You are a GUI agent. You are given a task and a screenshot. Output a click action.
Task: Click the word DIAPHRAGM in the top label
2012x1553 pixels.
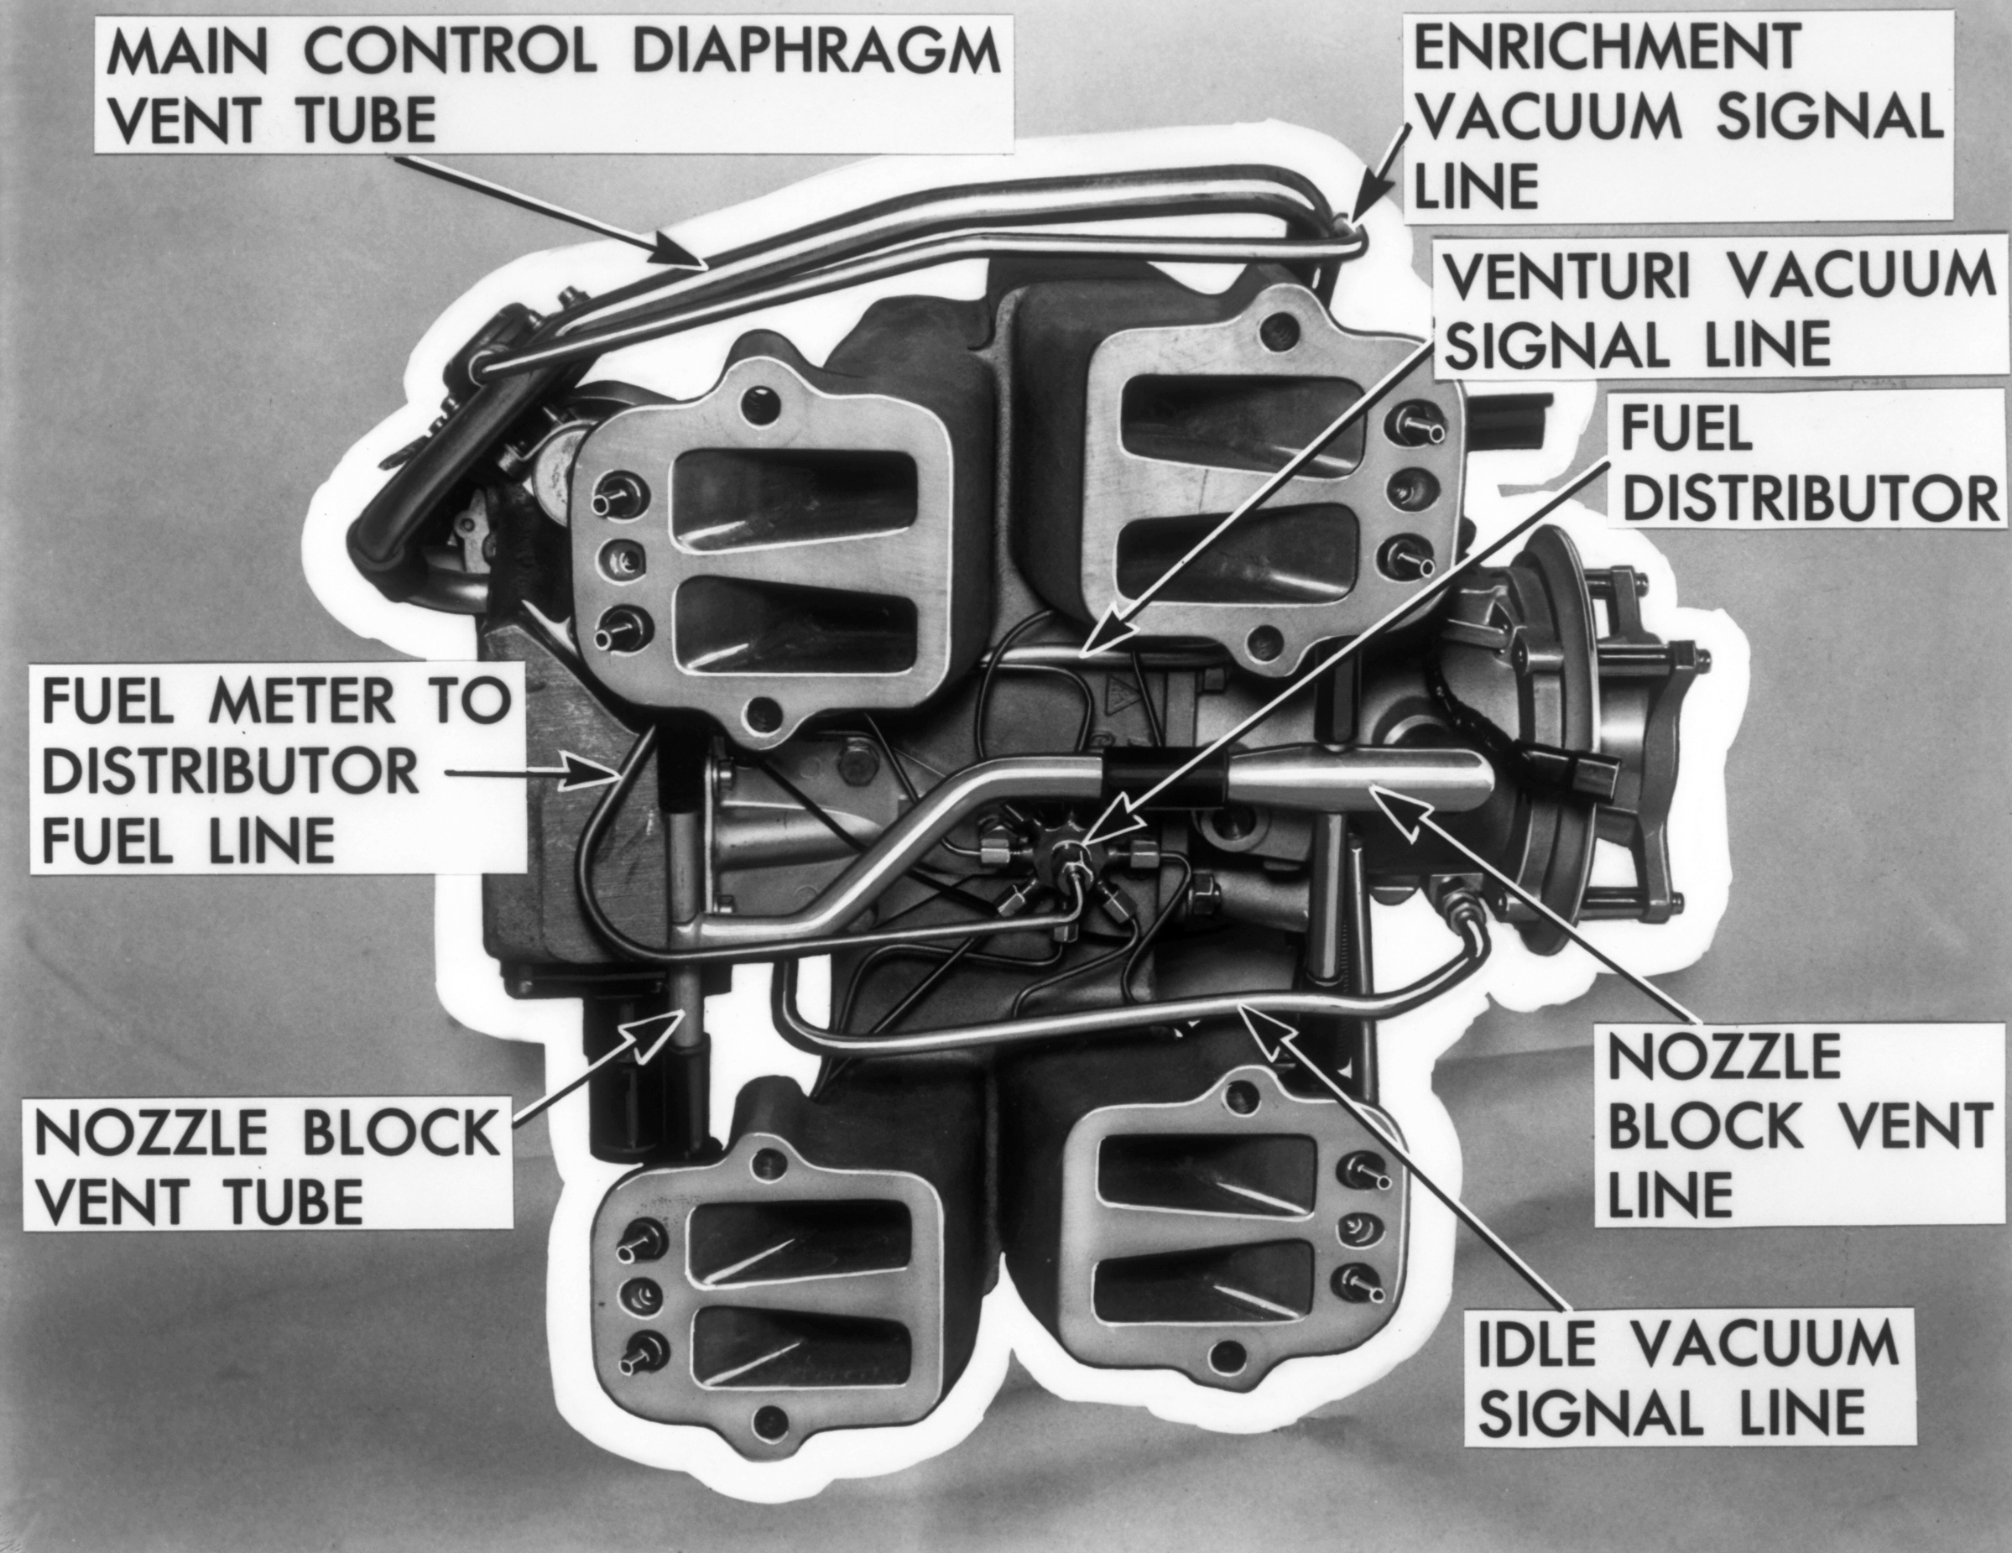pyautogui.click(x=816, y=53)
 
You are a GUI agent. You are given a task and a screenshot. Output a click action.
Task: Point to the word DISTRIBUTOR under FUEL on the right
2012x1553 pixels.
pyautogui.click(x=1811, y=498)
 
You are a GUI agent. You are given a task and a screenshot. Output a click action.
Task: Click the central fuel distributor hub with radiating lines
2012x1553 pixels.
pyautogui.click(x=1069, y=852)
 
